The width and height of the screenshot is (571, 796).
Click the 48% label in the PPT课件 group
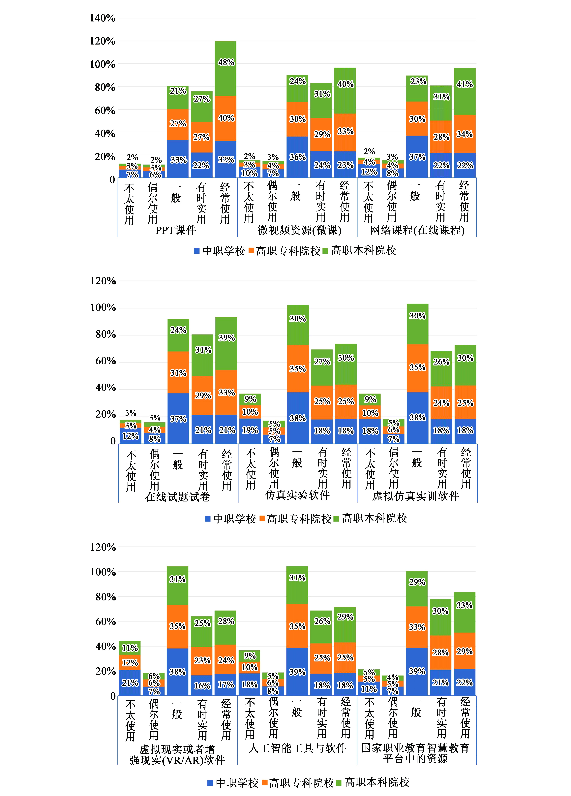226,62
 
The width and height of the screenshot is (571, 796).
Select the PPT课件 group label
176,230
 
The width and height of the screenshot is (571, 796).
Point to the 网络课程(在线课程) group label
417,230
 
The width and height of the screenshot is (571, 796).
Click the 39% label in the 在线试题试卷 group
227,338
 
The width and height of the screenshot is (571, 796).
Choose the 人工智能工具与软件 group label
297,748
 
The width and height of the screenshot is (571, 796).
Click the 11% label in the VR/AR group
130,648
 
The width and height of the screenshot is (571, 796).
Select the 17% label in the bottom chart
226,685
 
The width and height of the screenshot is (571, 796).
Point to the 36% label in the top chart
298,157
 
